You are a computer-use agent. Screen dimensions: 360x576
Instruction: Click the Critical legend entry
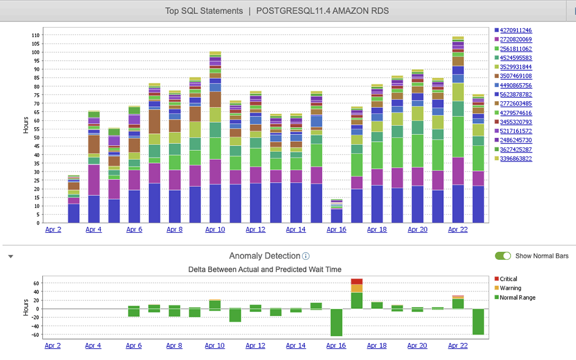[x=508, y=279]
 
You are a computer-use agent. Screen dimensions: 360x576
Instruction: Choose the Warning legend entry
[x=510, y=288]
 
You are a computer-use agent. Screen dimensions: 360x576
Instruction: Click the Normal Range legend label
[x=517, y=298]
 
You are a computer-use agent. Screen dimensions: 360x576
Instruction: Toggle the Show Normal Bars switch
[x=503, y=256]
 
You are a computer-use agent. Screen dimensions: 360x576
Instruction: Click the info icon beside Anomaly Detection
[x=306, y=256]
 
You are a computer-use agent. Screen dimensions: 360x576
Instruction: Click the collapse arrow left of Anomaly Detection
[x=10, y=256]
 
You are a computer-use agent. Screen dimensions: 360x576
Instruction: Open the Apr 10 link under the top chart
[x=215, y=229]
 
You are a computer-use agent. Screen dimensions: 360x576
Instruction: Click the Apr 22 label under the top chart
[x=458, y=229]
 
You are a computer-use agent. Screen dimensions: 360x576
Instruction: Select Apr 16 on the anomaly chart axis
[x=336, y=346]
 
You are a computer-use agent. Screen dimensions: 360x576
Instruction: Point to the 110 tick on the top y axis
[x=35, y=35]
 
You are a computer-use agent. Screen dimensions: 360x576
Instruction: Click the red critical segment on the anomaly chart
[x=357, y=281]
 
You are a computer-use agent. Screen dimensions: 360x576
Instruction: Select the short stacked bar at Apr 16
[x=336, y=211]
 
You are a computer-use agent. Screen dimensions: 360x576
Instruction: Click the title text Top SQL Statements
[x=204, y=11]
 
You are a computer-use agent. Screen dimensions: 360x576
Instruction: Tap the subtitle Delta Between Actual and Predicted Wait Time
[x=264, y=269]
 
